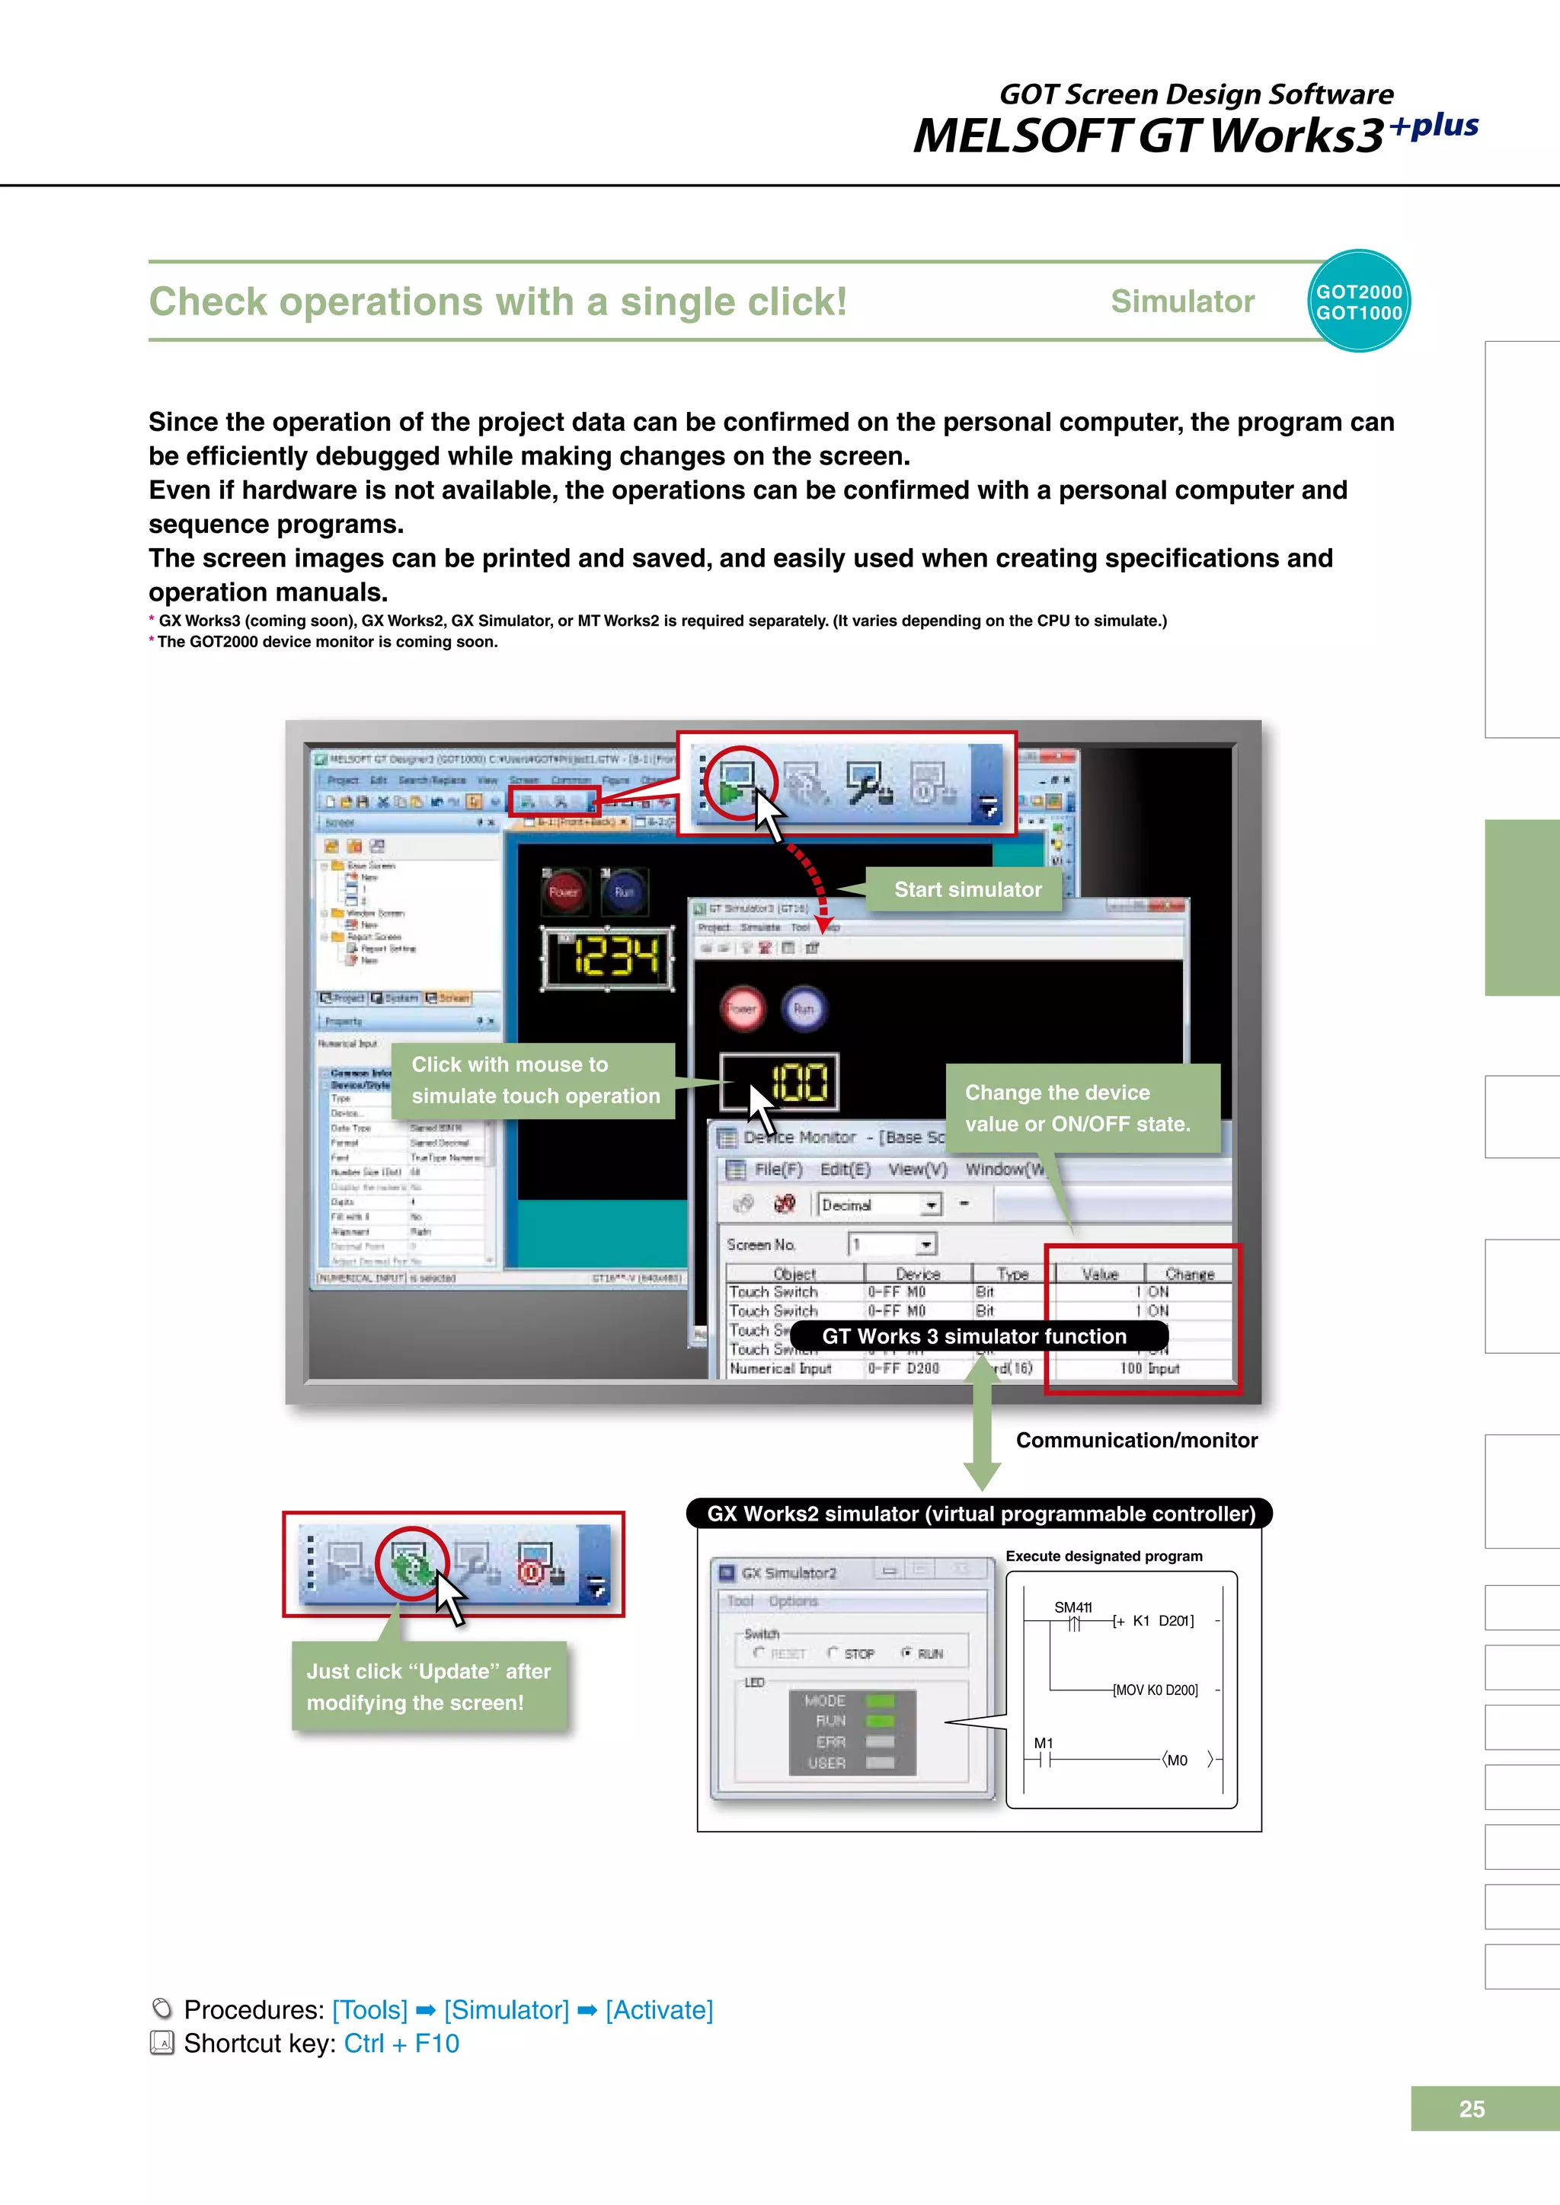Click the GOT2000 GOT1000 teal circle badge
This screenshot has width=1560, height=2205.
tap(1358, 302)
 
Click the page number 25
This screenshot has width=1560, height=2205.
tap(1471, 2109)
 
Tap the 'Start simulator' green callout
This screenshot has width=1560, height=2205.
tap(967, 889)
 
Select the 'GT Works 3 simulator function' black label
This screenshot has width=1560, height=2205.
tap(974, 1336)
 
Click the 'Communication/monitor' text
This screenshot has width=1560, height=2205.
tap(1136, 1440)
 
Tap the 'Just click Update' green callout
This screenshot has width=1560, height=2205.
tap(428, 1686)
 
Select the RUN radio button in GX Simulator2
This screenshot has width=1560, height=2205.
tap(906, 1653)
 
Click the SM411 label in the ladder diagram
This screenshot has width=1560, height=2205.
tap(1073, 1607)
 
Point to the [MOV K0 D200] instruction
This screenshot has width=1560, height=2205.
tap(1155, 1690)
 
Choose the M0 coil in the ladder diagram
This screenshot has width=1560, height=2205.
tap(1178, 1760)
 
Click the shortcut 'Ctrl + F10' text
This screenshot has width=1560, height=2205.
tap(401, 2043)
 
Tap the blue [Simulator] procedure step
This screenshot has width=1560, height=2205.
tap(507, 2009)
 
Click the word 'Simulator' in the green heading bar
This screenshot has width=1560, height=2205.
tap(1182, 302)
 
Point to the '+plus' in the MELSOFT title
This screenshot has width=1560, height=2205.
tap(1434, 126)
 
